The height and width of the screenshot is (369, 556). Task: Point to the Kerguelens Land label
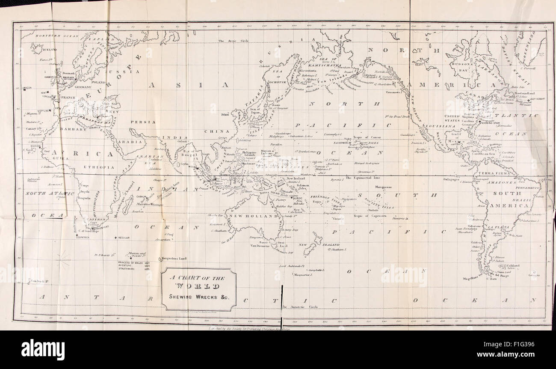point(174,259)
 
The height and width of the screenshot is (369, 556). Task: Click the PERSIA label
point(140,122)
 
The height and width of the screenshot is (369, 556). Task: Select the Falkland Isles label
point(513,268)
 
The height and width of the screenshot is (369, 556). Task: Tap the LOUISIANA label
point(438,126)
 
